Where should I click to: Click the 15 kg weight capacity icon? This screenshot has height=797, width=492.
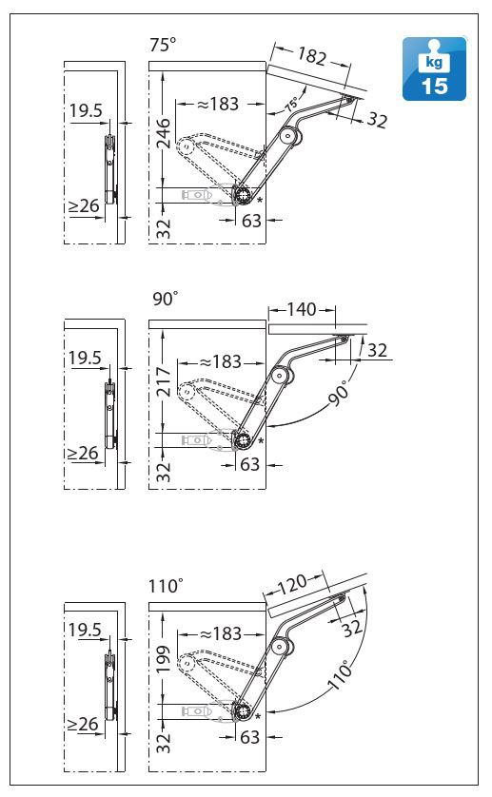(x=434, y=68)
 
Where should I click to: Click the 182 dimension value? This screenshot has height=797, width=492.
(x=311, y=56)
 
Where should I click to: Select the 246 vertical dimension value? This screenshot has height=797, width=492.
(x=164, y=132)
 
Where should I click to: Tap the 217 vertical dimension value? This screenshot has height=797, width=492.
(x=164, y=381)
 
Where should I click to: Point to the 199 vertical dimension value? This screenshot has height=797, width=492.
(x=163, y=659)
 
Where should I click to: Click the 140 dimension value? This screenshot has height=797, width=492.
(x=302, y=309)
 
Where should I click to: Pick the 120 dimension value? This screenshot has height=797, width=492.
(x=292, y=585)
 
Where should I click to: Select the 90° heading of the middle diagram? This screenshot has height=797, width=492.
(x=166, y=299)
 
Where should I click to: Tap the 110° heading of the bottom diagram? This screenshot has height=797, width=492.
(x=166, y=586)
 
